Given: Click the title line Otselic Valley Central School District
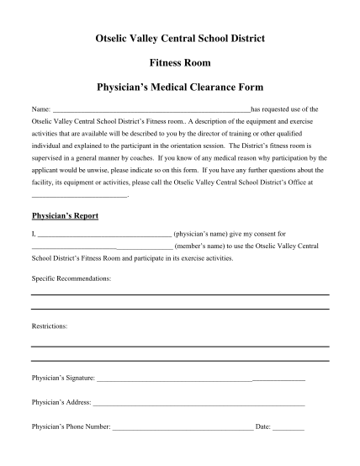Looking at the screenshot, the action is (x=180, y=40).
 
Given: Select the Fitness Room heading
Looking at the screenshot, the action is (x=180, y=63).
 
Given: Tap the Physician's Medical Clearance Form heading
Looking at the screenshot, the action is (x=180, y=87).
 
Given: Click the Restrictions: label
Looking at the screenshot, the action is (x=50, y=325).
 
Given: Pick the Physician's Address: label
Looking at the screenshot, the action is (x=61, y=403).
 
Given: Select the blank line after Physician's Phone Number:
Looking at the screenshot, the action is (x=183, y=428).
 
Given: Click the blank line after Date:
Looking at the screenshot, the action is (x=289, y=428).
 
